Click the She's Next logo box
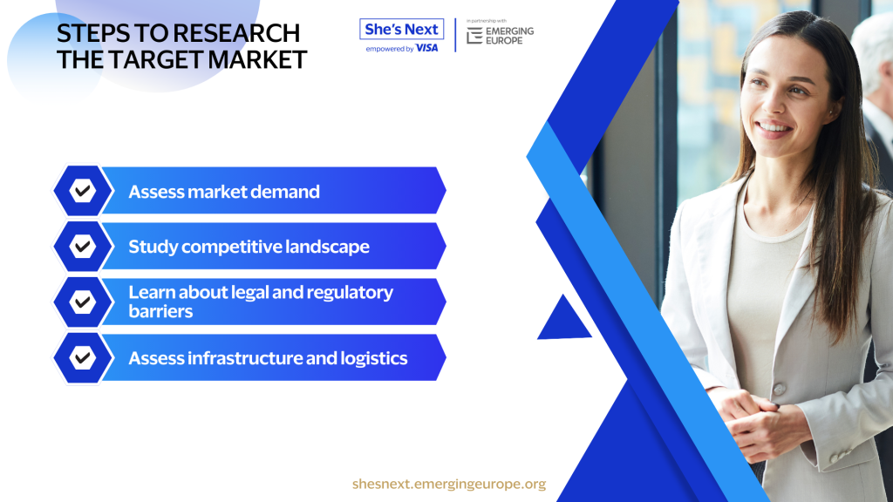[401, 29]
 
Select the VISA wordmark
[427, 49]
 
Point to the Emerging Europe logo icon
[474, 36]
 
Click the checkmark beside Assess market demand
[83, 191]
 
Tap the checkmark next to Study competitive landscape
[83, 247]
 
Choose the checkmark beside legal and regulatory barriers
[83, 302]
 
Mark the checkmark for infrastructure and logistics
[83, 358]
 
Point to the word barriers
[160, 311]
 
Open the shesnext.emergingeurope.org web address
[449, 484]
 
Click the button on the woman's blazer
[779, 389]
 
